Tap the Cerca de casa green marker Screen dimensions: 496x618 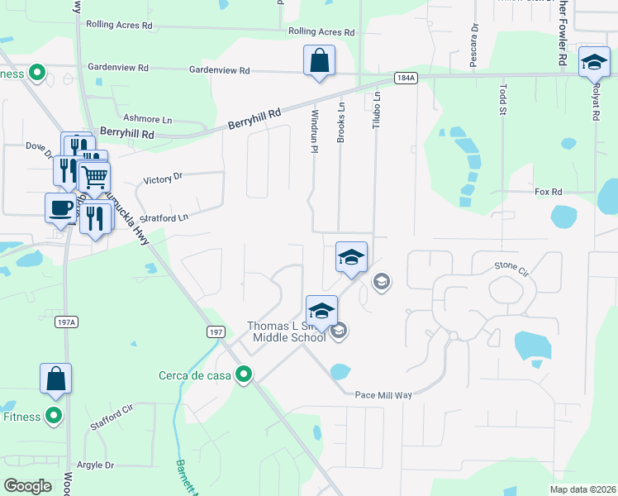(x=244, y=375)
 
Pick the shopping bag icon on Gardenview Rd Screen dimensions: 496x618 (x=319, y=62)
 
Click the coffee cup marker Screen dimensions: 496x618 (x=59, y=207)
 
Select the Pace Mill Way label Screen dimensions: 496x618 (x=383, y=395)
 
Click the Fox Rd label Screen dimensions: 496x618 (x=549, y=192)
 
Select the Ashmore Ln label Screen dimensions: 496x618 (x=146, y=119)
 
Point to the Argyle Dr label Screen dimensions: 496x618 (x=95, y=465)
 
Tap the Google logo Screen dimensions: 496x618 (x=27, y=485)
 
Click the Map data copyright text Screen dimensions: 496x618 (x=582, y=489)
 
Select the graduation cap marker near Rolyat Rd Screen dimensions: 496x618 (x=593, y=63)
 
